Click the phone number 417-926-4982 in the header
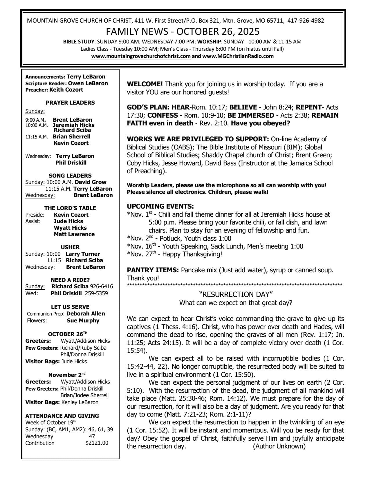click(306, 21)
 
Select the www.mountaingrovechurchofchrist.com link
click(141, 56)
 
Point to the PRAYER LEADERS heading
click(70, 103)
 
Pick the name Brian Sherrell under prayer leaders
click(71, 136)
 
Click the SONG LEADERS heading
click(70, 176)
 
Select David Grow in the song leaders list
click(91, 182)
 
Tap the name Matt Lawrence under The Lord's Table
click(74, 234)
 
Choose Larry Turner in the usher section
click(83, 254)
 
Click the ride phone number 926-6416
click(101, 287)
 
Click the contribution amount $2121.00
click(97, 443)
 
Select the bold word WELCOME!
click(145, 84)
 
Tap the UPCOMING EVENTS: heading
click(160, 207)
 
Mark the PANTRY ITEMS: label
click(153, 270)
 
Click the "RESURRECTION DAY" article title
click(236, 295)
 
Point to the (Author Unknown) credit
click(279, 446)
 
